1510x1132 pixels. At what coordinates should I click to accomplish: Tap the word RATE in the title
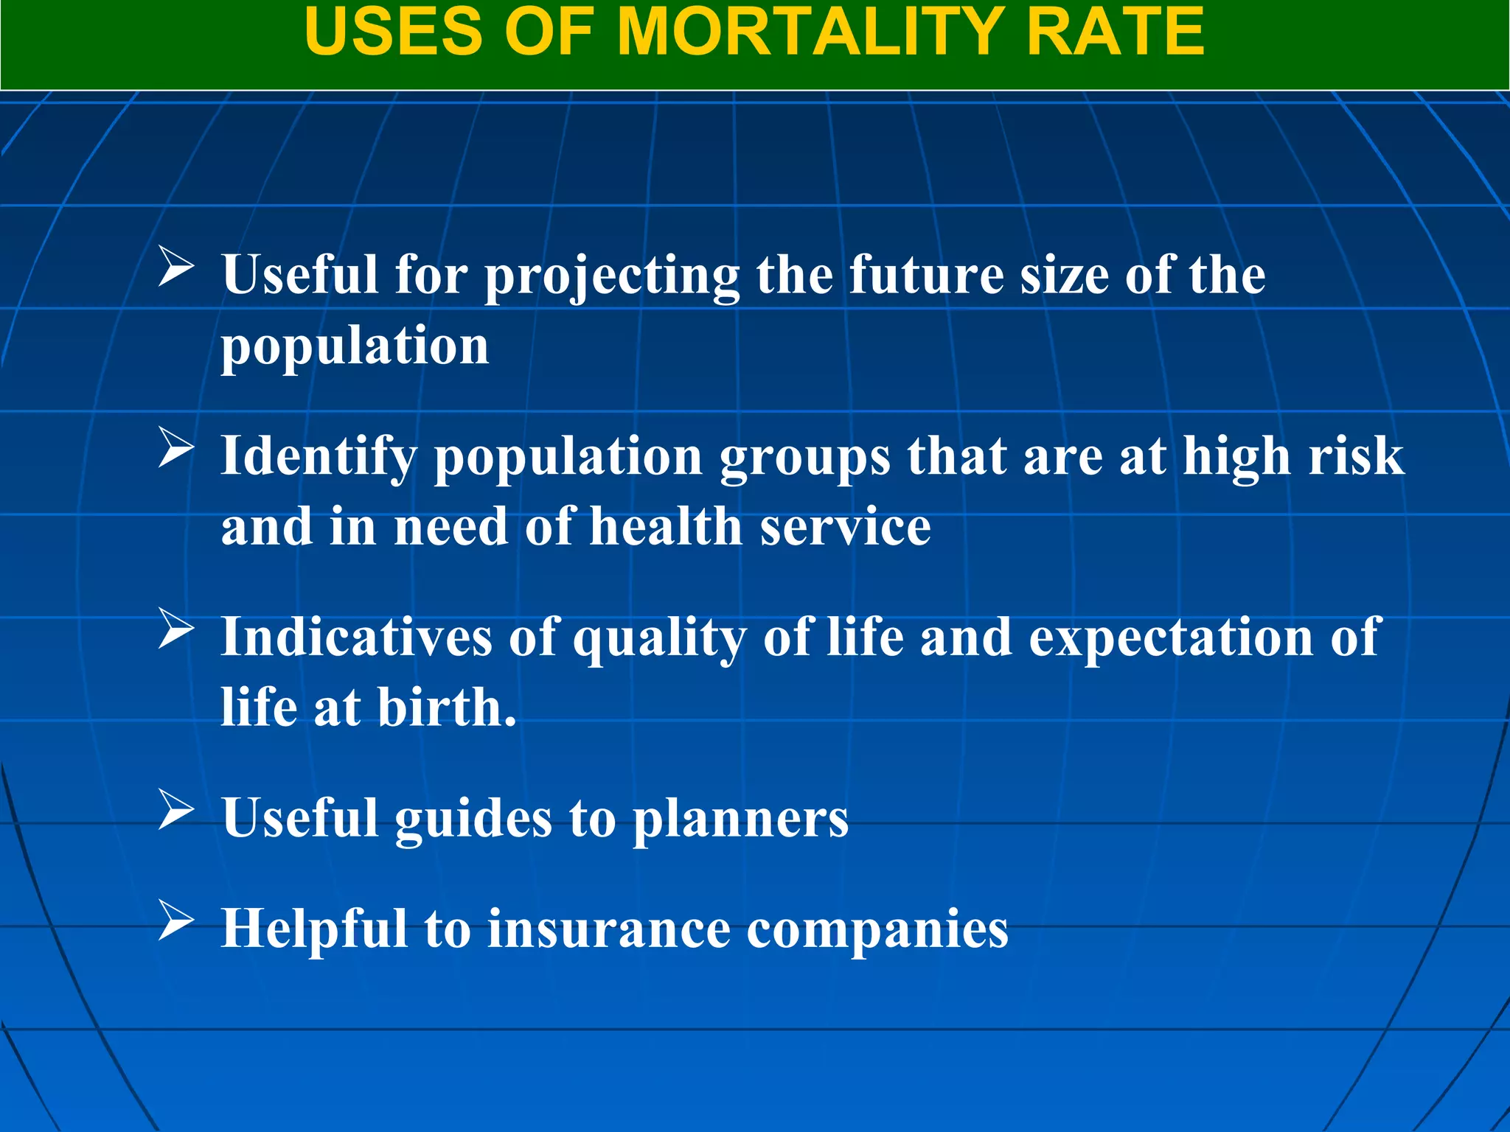[x=1114, y=32]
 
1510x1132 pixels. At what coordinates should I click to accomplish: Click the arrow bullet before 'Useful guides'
[x=176, y=811]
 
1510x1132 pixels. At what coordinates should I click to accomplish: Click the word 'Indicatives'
[x=356, y=637]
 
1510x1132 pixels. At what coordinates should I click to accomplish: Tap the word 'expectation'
[x=1171, y=638]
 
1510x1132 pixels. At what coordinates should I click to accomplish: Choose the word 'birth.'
[x=447, y=707]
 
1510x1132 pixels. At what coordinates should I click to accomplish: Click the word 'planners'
[x=741, y=820]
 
